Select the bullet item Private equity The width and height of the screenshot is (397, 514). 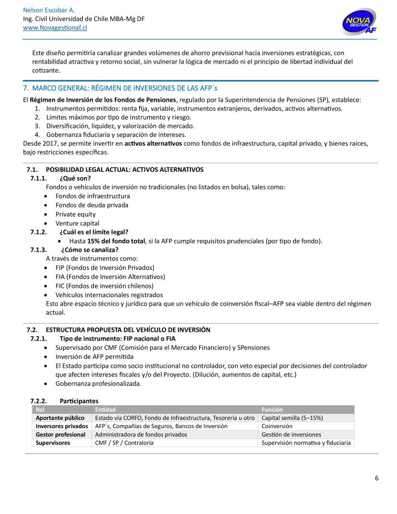(x=75, y=214)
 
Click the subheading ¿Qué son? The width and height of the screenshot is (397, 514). (x=75, y=178)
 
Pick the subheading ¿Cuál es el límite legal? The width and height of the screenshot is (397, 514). (x=94, y=232)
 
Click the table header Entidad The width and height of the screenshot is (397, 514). (x=105, y=410)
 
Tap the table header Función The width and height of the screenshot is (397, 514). (x=272, y=410)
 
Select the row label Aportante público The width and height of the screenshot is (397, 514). (x=60, y=418)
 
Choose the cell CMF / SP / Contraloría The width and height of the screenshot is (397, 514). (x=124, y=443)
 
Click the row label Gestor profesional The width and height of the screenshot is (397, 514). (x=60, y=435)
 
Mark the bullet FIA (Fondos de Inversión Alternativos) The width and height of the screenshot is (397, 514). (x=110, y=277)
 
